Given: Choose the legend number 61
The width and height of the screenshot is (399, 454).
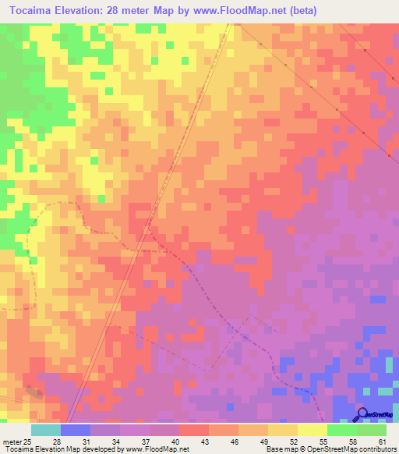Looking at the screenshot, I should point(382,420).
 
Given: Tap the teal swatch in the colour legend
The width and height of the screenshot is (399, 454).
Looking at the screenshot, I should point(46,430).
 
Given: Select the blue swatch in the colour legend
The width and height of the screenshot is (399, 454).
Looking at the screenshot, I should point(76,430).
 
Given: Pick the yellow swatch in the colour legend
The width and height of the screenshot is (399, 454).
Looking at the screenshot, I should point(312,430).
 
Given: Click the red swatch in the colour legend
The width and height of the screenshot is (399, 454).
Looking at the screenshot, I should point(194,430).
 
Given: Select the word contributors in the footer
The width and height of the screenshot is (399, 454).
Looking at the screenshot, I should point(379,449).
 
